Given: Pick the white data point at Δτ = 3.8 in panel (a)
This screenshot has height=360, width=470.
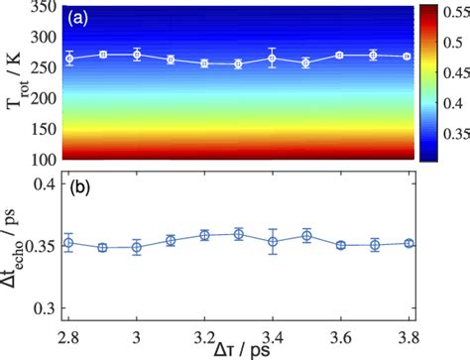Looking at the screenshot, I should [407, 57].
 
